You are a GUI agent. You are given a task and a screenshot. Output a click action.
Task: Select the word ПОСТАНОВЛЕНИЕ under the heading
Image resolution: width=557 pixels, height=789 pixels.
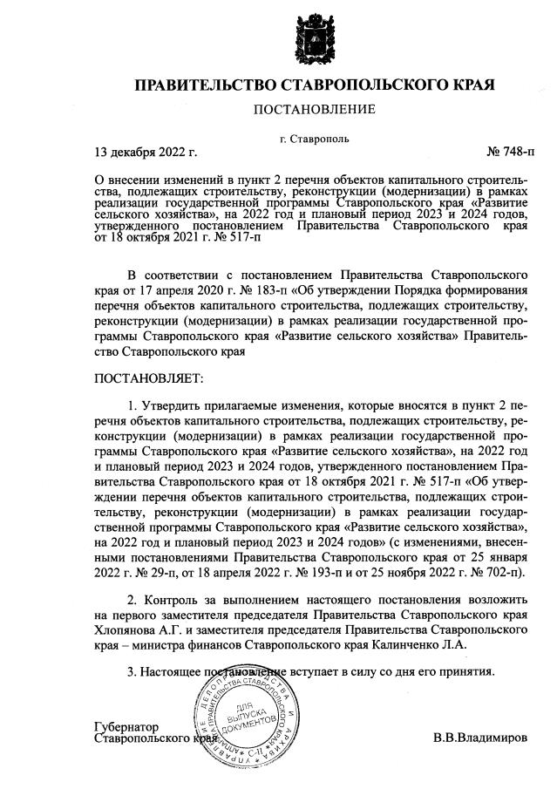[314, 109]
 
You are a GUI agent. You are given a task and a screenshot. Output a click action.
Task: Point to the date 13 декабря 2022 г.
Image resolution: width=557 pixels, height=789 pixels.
[146, 153]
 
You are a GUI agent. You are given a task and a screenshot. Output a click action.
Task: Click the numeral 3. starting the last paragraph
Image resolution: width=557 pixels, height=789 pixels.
[132, 672]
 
